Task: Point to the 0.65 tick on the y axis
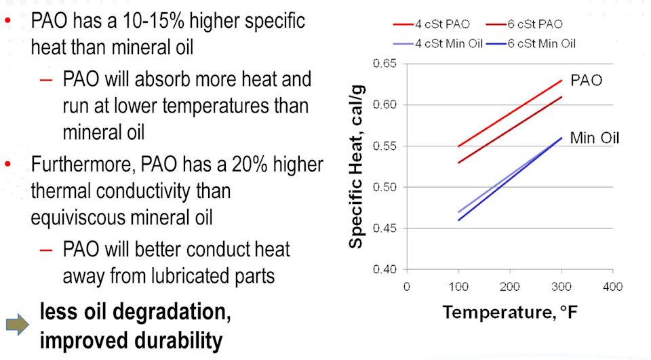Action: [384, 64]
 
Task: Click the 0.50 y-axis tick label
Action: [384, 187]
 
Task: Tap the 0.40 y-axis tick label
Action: [384, 270]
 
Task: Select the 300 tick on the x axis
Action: [561, 287]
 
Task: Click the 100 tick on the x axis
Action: [458, 287]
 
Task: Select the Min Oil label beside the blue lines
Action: [595, 138]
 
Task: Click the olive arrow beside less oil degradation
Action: [18, 326]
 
